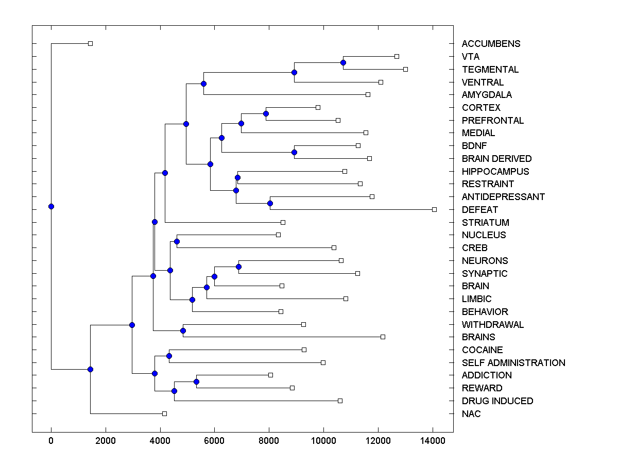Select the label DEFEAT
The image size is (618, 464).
[480, 210]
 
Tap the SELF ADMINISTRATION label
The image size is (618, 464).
[513, 363]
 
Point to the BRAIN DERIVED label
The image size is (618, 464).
[496, 159]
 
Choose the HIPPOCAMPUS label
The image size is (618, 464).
[495, 172]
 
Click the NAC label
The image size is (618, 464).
[471, 414]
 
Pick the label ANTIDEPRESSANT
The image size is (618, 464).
[503, 197]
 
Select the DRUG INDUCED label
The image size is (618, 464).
[497, 401]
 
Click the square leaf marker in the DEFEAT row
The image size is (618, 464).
[434, 209]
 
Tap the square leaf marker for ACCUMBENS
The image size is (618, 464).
[90, 43]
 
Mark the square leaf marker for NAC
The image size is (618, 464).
[164, 413]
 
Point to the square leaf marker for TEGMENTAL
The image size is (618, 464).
[405, 69]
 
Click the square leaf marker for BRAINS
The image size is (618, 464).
[383, 337]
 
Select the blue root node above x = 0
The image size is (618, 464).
[51, 206]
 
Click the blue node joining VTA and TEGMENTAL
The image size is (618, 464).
[344, 62]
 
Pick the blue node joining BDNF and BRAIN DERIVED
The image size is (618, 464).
[294, 152]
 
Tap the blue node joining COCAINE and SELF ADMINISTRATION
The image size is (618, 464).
[169, 356]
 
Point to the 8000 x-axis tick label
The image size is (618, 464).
[269, 440]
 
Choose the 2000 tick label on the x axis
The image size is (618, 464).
[106, 440]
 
